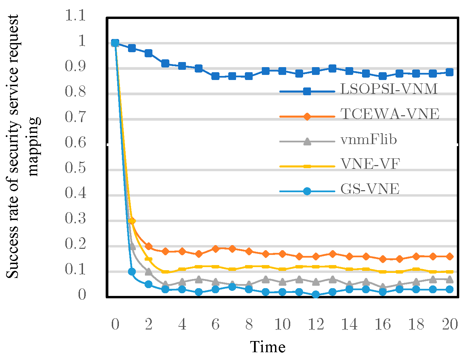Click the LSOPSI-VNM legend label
click(x=389, y=89)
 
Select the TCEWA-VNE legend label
click(x=390, y=114)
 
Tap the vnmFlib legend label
click(x=368, y=139)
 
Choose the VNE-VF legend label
click(x=370, y=164)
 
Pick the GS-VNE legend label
click(x=370, y=189)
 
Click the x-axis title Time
click(x=268, y=347)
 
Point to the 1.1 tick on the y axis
click(x=76, y=16)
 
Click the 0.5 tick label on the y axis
click(x=76, y=168)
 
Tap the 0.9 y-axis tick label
click(x=76, y=66)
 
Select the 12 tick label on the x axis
click(x=316, y=324)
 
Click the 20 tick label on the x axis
click(x=450, y=324)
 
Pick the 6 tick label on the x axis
click(x=215, y=324)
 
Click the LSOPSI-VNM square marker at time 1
click(x=132, y=48)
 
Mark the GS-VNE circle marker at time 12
click(x=316, y=295)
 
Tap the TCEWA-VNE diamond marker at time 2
click(x=148, y=246)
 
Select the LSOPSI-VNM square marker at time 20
click(x=450, y=72)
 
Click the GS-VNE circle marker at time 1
click(x=132, y=272)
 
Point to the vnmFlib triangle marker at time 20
click(x=450, y=279)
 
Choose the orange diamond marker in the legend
click(x=307, y=117)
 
